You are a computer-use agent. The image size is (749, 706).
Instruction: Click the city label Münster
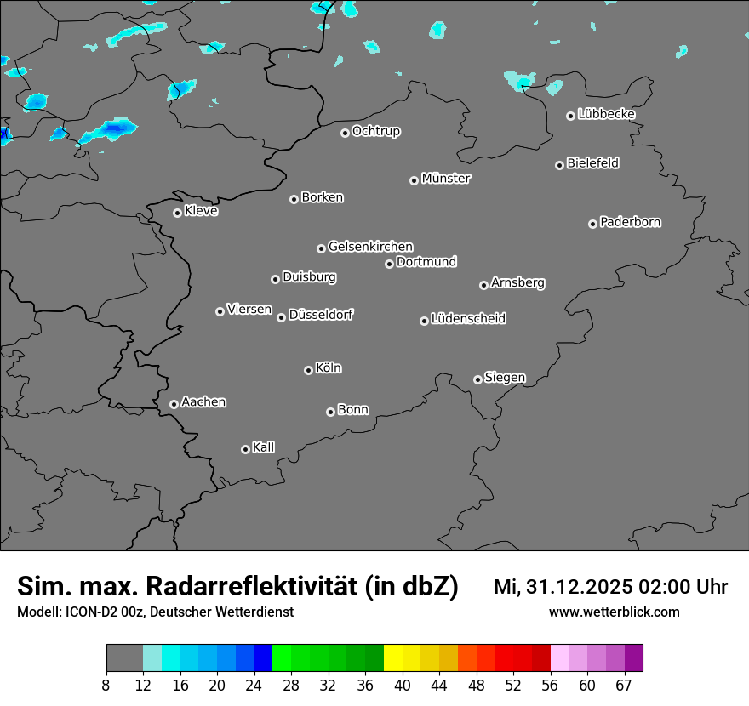point(446,179)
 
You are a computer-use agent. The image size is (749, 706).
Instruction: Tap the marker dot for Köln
point(308,370)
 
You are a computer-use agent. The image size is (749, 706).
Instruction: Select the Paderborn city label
point(631,222)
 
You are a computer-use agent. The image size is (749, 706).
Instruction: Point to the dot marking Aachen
point(174,404)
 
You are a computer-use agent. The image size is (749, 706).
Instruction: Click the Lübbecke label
point(606,114)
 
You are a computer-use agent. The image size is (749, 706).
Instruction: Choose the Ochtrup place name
point(376,131)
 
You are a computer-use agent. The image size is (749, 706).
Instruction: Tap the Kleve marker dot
point(177,213)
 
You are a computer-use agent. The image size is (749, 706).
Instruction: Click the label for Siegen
point(505,378)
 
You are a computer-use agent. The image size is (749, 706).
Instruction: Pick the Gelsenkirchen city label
point(370,247)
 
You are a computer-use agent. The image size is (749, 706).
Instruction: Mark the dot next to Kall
point(245,449)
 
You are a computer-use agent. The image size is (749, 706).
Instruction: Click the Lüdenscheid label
point(468,319)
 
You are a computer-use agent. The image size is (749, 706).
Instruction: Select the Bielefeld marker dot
point(559,165)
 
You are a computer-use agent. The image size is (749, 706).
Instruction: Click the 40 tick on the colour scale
point(402,685)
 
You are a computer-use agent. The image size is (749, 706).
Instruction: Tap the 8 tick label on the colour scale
point(106,685)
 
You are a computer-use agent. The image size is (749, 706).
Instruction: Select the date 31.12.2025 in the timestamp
point(575,587)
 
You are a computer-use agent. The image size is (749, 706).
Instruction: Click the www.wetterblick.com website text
point(614,612)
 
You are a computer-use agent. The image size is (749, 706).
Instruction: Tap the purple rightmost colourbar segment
point(634,658)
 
